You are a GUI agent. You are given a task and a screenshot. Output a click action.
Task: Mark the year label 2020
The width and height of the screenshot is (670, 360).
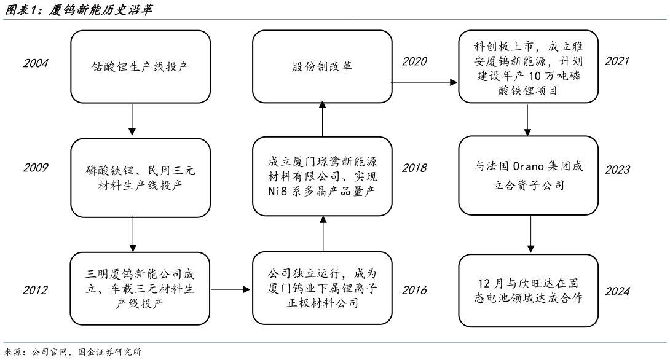tap(414, 61)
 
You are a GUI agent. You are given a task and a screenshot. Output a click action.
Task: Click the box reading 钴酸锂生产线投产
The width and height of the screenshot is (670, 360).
tap(132, 66)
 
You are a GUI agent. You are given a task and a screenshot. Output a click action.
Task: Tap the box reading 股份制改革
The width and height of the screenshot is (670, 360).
tap(322, 66)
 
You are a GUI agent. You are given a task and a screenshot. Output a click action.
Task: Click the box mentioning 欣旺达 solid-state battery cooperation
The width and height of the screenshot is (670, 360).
tap(528, 291)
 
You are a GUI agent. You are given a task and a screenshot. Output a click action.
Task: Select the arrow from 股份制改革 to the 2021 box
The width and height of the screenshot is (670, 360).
tap(425, 80)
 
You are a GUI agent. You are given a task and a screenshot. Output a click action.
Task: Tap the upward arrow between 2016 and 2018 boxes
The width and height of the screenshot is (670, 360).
tap(322, 230)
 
